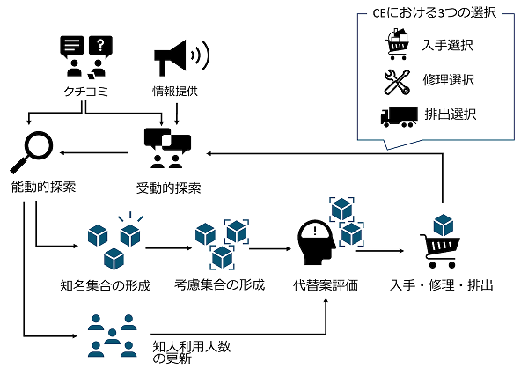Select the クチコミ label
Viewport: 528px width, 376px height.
(84, 90)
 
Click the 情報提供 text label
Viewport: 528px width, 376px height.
(179, 90)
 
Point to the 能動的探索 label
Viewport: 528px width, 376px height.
(43, 187)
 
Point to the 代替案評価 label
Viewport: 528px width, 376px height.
(326, 286)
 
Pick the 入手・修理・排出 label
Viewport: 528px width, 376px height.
(441, 286)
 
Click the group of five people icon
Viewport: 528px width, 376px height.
(112, 335)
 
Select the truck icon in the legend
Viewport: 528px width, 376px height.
(399, 116)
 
